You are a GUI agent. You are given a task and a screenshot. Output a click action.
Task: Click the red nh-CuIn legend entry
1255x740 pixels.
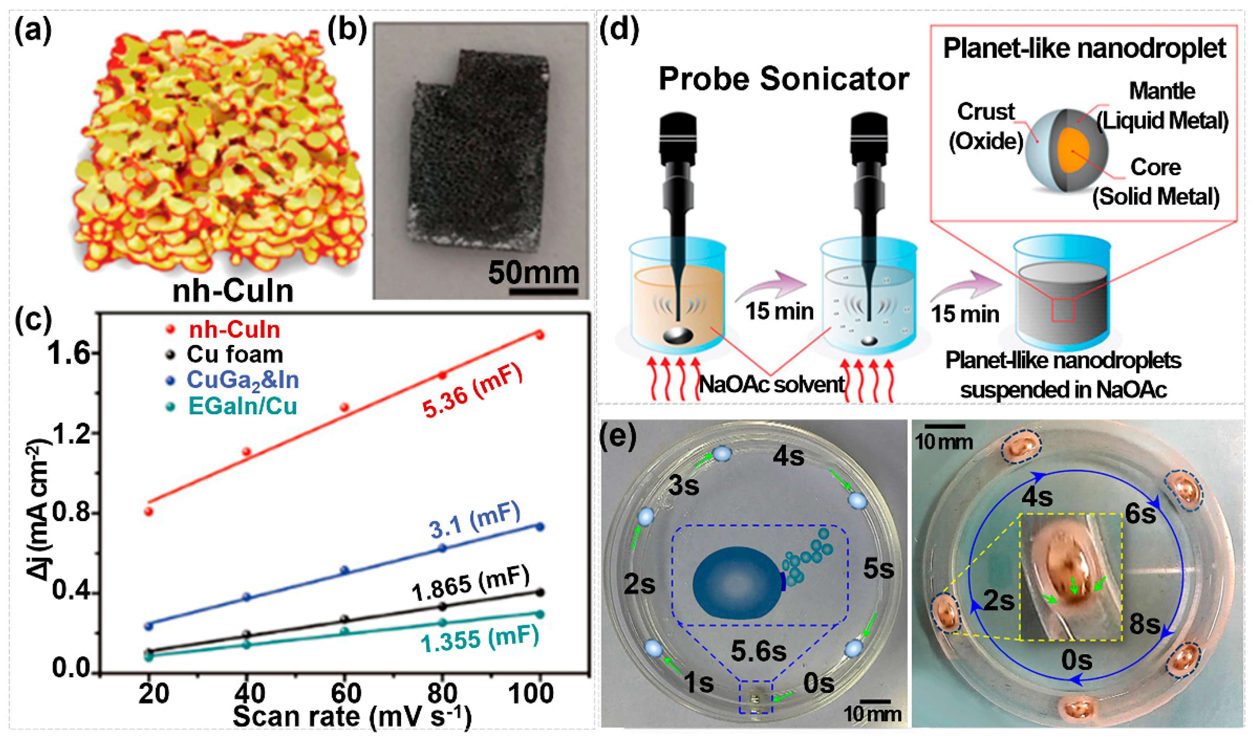coord(234,330)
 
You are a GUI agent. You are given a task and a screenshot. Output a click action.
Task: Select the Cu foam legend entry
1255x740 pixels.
coord(234,355)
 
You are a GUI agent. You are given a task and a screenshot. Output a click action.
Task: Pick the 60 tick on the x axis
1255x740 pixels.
coord(346,693)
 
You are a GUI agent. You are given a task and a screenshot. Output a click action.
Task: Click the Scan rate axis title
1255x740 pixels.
coord(352,717)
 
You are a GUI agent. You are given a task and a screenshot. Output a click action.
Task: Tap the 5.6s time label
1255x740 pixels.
coord(759,650)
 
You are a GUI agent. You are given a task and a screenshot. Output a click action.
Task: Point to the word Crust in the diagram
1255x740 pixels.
coord(986,111)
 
